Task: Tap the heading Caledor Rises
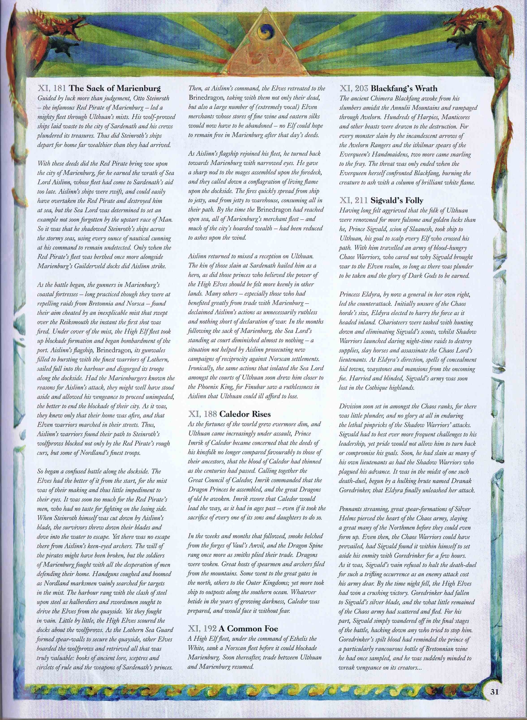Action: click(250, 414)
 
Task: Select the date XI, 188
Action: click(203, 414)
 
